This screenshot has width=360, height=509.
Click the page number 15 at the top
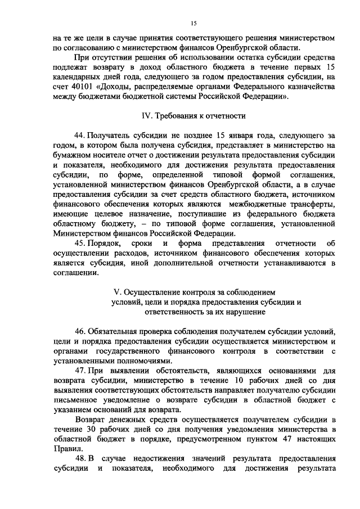(x=193, y=23)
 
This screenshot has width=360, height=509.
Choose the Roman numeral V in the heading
(x=116, y=292)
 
